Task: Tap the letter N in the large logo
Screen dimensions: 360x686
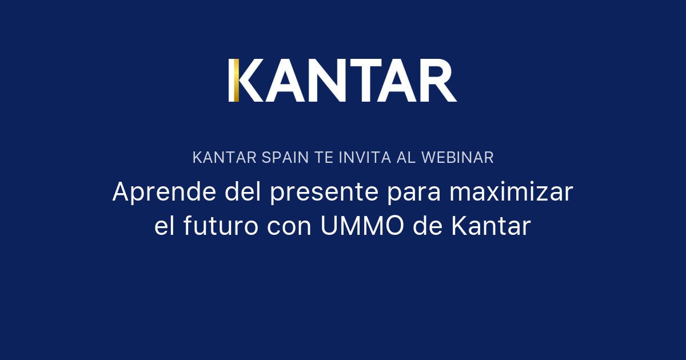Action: pos(333,81)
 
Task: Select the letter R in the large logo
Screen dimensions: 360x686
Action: pos(437,81)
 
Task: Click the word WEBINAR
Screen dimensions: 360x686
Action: pos(457,158)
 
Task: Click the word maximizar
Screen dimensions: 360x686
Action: pos(510,192)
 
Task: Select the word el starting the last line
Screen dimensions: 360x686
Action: pos(165,226)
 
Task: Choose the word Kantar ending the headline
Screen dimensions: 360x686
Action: pos(491,226)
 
